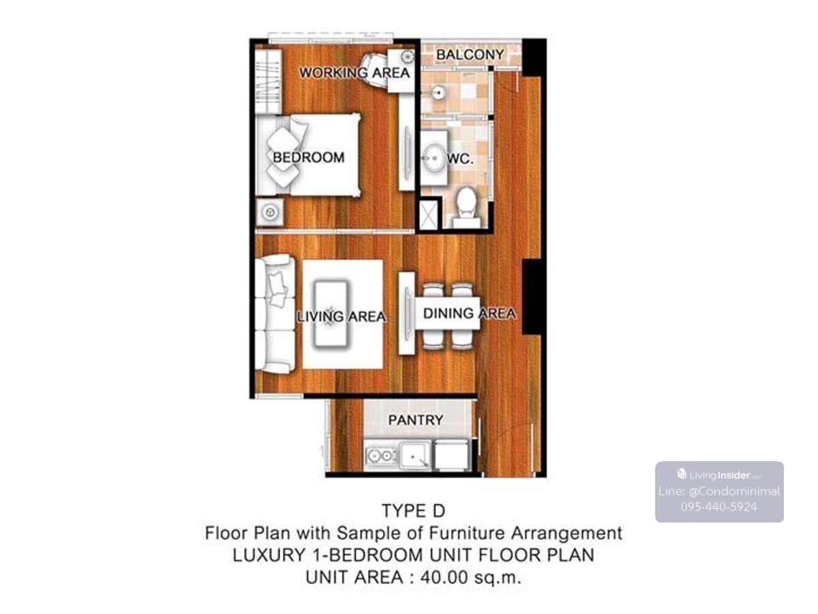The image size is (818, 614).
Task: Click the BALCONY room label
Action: [x=470, y=55]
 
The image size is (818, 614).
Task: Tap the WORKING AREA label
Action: [x=354, y=73]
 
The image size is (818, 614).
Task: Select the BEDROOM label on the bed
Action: [x=309, y=158]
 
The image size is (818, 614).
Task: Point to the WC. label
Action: [x=461, y=159]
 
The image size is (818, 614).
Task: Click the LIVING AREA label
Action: [x=342, y=317]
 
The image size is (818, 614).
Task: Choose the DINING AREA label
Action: [x=470, y=314]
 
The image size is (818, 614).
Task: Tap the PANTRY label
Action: [x=416, y=420]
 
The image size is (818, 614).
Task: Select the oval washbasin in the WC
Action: [x=434, y=158]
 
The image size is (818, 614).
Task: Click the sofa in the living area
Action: [x=275, y=314]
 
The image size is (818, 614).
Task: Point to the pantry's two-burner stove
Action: [x=380, y=456]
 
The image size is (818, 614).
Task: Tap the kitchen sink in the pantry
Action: [x=416, y=456]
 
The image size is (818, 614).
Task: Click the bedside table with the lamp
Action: [x=269, y=212]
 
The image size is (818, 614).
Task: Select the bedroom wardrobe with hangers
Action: [x=268, y=82]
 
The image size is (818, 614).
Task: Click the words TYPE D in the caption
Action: [x=414, y=511]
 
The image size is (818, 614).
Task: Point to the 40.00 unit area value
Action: [x=444, y=577]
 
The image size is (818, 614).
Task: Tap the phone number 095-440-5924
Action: [x=719, y=507]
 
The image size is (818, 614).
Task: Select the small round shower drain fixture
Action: [x=438, y=91]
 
